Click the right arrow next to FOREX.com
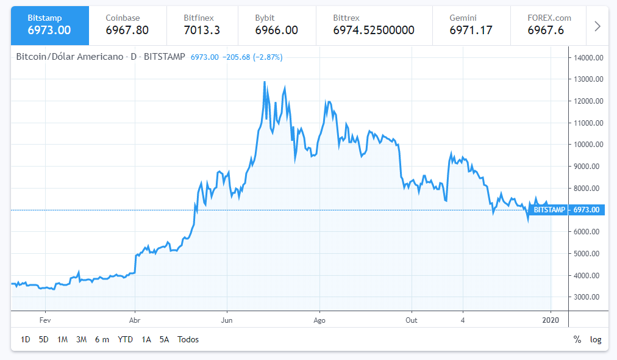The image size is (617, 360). click(x=597, y=26)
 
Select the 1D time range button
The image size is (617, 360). click(x=26, y=339)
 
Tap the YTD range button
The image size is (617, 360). click(x=125, y=339)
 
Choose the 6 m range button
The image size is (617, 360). click(x=102, y=339)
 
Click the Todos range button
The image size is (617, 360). click(x=188, y=339)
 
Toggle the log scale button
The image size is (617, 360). click(x=596, y=339)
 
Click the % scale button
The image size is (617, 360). click(x=577, y=339)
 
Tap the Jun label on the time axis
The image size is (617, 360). click(x=227, y=319)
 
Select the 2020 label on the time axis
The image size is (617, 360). click(x=551, y=319)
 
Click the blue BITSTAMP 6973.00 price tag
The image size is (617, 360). click(x=566, y=210)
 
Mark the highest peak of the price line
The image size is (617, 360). click(x=264, y=82)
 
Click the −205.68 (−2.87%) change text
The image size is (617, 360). click(x=252, y=57)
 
